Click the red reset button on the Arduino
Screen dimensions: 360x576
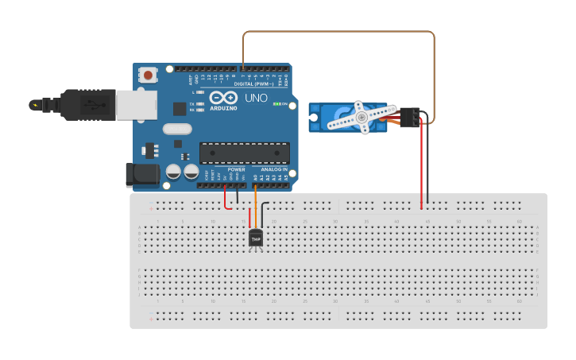tap(148, 75)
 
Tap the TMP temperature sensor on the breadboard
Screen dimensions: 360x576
tap(256, 237)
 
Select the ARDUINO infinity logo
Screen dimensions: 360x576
tap(223, 97)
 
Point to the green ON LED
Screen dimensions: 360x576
tap(276, 103)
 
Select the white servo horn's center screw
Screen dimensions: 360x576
tap(361, 117)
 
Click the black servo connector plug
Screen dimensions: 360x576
tap(410, 117)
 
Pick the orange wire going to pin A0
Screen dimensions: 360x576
tap(255, 203)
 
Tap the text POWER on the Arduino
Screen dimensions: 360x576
tap(237, 169)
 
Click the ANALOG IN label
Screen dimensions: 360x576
tap(273, 169)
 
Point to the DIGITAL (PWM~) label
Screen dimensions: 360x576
tap(253, 83)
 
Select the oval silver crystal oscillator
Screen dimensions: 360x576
tap(178, 129)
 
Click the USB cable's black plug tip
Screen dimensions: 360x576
tap(36, 104)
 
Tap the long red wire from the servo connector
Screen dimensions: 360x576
tap(421, 167)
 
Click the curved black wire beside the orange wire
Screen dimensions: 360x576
tap(263, 211)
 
